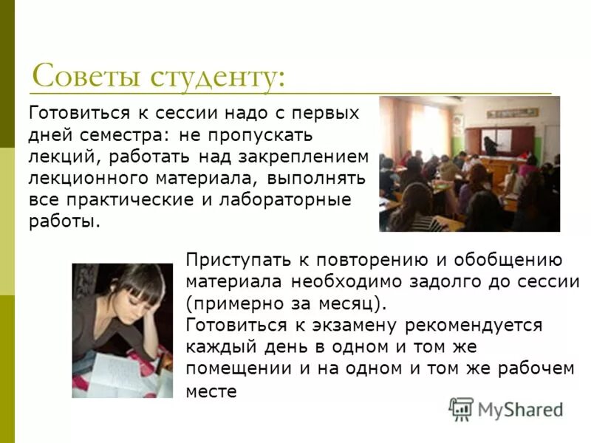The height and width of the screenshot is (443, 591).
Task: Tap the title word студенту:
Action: click(x=217, y=77)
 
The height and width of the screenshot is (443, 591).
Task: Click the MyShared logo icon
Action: click(x=461, y=408)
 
